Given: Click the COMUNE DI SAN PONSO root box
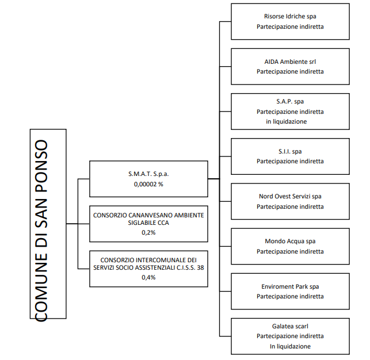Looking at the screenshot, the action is click(48, 224).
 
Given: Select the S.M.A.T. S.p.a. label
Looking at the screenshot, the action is click(148, 174).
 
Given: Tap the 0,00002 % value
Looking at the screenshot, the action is click(148, 184).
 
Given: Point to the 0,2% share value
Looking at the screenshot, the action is click(148, 233).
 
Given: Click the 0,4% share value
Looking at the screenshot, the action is click(148, 278).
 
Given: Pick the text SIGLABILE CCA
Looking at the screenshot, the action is click(148, 223).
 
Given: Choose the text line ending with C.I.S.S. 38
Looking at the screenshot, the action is click(148, 267).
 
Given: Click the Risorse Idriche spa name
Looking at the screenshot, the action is click(290, 17).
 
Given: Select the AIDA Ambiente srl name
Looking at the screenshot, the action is click(290, 62).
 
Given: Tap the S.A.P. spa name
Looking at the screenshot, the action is click(290, 102).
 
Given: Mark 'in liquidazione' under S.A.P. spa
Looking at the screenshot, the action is click(286, 122).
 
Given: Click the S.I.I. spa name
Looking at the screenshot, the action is click(290, 151).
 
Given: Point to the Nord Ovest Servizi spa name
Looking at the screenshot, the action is click(290, 196).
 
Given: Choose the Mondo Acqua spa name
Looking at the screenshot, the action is click(290, 241).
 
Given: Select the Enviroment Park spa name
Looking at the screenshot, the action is click(290, 287).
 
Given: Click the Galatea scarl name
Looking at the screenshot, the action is click(290, 326).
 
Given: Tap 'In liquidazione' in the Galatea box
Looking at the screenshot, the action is click(290, 346).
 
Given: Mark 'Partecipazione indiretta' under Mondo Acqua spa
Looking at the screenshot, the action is click(290, 251).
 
